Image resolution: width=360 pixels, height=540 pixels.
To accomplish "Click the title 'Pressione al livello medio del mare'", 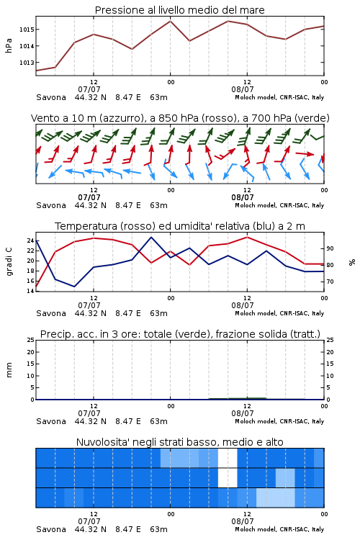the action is click(179, 10).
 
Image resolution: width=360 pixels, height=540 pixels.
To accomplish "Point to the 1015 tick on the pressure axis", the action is click(27, 30).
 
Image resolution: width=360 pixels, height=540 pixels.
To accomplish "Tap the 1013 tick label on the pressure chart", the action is click(27, 63).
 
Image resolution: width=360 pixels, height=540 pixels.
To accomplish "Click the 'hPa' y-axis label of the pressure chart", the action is click(9, 45).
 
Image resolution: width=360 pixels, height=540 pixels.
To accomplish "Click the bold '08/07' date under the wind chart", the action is click(242, 197).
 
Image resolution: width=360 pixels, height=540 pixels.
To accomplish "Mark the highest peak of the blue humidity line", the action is click(151, 237).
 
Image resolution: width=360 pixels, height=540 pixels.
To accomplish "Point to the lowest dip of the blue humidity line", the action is click(74, 287).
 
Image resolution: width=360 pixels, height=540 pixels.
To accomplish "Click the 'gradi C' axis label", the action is click(9, 261).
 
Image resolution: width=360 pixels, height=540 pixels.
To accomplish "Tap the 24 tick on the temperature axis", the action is click(30, 240).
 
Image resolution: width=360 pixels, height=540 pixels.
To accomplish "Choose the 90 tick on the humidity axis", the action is click(330, 248).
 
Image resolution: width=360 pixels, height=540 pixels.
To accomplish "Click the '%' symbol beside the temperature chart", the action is click(352, 262).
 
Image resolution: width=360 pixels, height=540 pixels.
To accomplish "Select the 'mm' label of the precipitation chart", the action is click(9, 369).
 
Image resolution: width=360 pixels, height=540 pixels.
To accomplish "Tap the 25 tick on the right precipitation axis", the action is click(330, 340).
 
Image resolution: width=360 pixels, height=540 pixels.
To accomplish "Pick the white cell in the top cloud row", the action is click(228, 458).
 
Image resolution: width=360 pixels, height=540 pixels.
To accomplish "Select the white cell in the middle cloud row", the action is click(228, 478).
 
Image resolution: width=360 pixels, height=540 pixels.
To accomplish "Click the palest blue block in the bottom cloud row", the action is click(275, 498).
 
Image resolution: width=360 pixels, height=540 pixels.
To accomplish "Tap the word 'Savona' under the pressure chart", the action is click(51, 97).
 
